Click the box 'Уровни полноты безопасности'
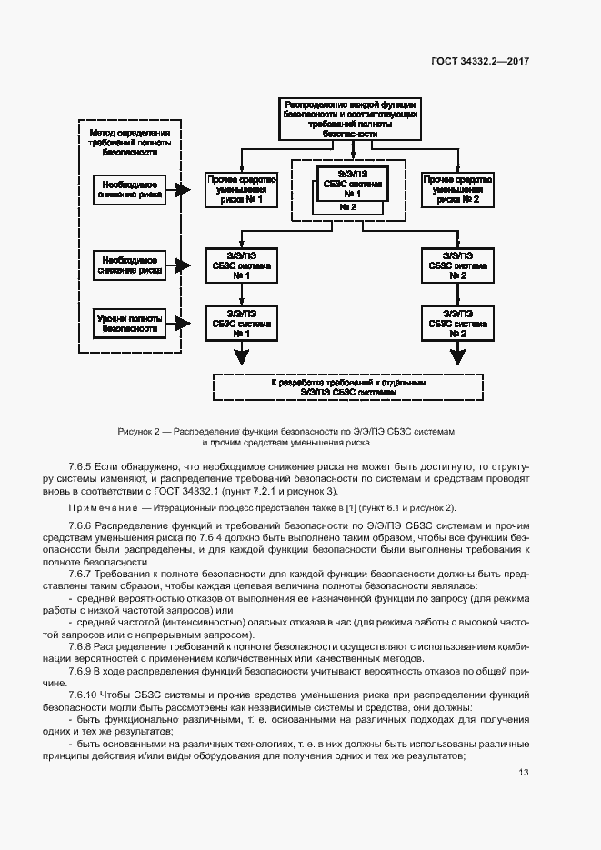tap(128, 323)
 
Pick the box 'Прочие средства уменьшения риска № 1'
tap(241, 190)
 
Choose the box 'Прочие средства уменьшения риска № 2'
tap(457, 190)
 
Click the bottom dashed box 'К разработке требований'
tap(348, 387)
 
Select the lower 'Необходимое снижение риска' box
tap(128, 265)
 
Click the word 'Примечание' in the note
tap(97, 507)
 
